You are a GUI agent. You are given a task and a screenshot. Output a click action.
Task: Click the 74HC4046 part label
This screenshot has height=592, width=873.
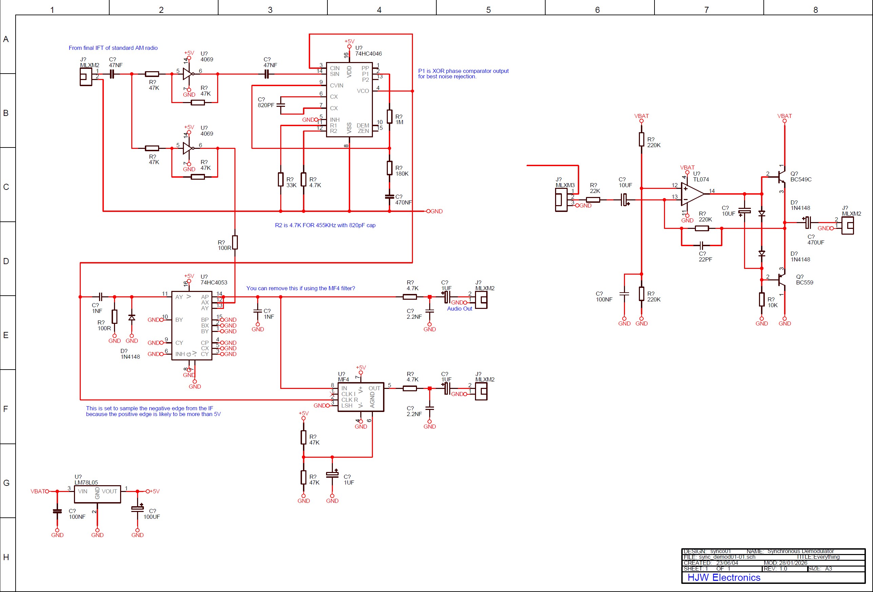pos(368,54)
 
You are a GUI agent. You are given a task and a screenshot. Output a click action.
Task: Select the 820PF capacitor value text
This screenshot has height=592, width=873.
pos(266,105)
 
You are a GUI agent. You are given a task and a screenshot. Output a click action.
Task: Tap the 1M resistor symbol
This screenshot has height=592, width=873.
pos(390,116)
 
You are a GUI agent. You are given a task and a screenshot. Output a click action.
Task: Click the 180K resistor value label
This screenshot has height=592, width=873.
pos(402,174)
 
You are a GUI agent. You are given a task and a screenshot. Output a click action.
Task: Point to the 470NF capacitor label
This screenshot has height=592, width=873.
pos(403,202)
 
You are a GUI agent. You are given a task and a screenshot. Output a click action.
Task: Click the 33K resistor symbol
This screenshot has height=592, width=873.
pos(281,179)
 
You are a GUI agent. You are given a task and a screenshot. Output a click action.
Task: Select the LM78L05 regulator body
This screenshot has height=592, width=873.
pos(97,494)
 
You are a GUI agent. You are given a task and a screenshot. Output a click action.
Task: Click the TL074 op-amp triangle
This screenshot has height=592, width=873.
pos(691,194)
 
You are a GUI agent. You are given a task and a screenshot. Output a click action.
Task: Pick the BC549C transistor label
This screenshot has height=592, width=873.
pos(800,179)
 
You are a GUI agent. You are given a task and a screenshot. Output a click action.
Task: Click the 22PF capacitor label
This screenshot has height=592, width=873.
pos(705,259)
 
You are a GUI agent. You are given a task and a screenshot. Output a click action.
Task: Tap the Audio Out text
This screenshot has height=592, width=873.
pos(459,309)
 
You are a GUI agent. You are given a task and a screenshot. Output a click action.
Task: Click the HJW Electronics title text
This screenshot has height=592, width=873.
pos(723,577)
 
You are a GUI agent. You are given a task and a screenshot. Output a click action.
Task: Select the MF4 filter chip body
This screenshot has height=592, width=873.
pos(361,397)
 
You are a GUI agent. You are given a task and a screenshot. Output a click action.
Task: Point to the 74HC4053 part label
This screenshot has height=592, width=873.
pos(213,282)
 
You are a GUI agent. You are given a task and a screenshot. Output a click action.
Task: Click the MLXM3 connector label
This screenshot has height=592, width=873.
pos(565,185)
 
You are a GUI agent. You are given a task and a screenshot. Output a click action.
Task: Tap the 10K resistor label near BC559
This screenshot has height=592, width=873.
pos(772,305)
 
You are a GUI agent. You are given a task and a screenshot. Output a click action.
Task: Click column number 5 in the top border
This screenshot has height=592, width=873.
pos(488,10)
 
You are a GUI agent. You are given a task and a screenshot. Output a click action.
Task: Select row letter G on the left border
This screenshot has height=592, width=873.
pos(6,483)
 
